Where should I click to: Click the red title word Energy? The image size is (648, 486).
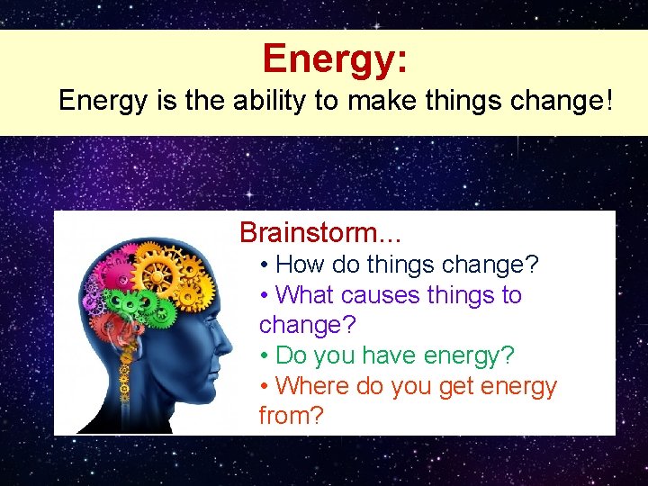coord(335,58)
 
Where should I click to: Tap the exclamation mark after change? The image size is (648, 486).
coord(607,100)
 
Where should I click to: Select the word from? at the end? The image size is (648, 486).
coord(290,416)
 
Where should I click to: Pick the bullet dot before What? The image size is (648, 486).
coord(264,295)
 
